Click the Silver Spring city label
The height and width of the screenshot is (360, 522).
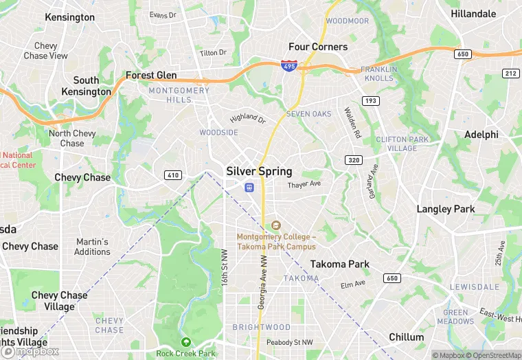click(259, 171)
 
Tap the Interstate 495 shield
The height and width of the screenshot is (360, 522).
click(289, 65)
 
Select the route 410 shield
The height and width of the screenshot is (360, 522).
click(172, 175)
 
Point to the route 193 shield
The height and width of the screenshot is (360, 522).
click(371, 100)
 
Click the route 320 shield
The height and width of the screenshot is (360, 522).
click(354, 160)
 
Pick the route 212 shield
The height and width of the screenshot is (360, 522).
click(510, 73)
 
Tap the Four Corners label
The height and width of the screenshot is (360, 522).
click(318, 47)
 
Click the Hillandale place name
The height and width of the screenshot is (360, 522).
click(473, 14)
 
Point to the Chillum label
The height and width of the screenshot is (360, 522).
click(406, 337)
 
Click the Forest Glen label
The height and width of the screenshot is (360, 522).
click(151, 76)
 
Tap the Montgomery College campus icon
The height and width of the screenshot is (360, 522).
click(276, 225)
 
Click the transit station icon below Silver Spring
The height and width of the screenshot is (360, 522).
click(249, 187)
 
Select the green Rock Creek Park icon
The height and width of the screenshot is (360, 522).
click(185, 341)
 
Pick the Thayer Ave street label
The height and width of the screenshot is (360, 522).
click(304, 185)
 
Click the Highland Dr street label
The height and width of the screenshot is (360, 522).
click(247, 119)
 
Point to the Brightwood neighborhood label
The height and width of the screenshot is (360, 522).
click(261, 327)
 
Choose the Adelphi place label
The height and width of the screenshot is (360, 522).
click(481, 135)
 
